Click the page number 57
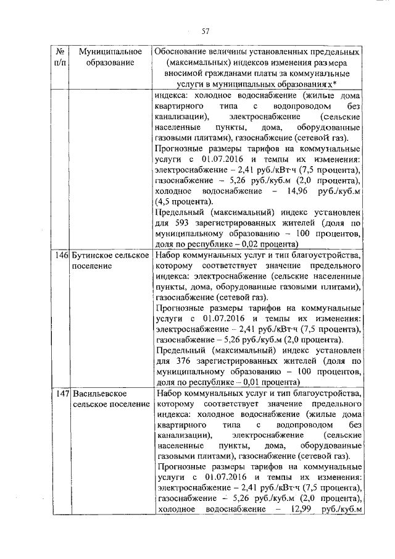[206, 32]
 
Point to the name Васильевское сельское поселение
[110, 398]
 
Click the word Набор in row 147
[170, 393]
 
